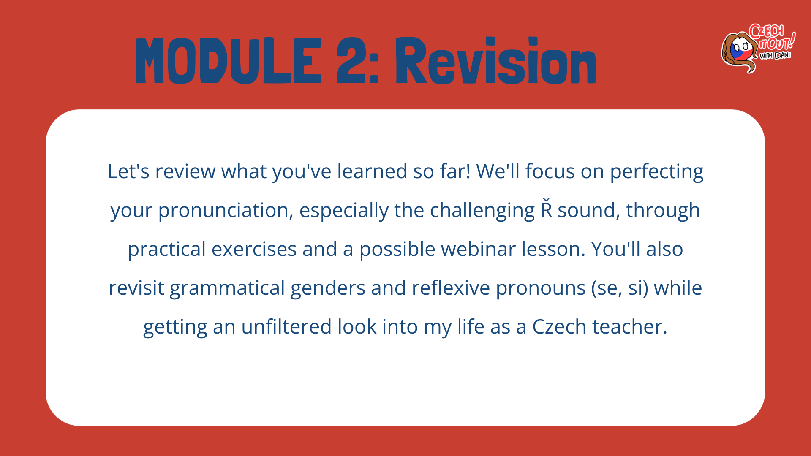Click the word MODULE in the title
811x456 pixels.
click(x=229, y=61)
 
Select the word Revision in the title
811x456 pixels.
click(x=495, y=61)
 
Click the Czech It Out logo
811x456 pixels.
click(x=758, y=48)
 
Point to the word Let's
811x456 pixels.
click(x=128, y=171)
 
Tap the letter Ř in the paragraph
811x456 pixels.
click(x=547, y=208)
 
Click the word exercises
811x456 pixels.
click(x=254, y=250)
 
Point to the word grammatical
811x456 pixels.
click(x=227, y=288)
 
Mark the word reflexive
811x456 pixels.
click(x=451, y=288)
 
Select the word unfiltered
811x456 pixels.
click(x=286, y=327)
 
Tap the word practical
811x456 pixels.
click(x=167, y=250)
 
